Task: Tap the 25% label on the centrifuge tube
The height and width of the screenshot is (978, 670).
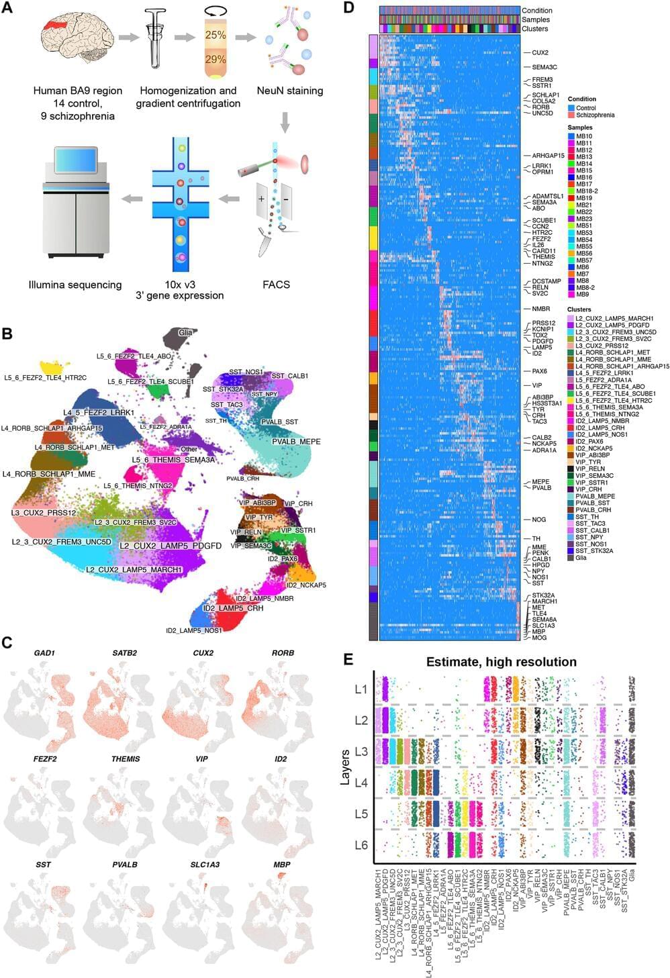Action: (x=216, y=35)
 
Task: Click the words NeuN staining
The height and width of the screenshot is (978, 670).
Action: (x=290, y=91)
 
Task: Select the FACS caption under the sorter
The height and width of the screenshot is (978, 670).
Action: (x=276, y=285)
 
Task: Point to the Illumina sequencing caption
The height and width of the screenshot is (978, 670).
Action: (x=75, y=285)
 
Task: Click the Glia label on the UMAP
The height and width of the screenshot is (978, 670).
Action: (x=185, y=332)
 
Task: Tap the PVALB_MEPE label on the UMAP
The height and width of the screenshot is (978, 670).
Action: (x=296, y=442)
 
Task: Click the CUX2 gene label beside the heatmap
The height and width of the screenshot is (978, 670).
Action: (x=540, y=52)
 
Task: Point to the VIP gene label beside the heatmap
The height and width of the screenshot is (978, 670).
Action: (x=536, y=386)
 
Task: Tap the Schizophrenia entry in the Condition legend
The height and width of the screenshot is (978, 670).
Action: (x=595, y=115)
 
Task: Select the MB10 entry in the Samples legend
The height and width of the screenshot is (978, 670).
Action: (x=583, y=136)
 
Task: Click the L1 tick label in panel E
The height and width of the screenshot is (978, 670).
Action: (x=361, y=689)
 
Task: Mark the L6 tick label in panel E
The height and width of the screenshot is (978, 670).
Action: (x=361, y=845)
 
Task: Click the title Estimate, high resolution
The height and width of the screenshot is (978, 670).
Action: (x=501, y=663)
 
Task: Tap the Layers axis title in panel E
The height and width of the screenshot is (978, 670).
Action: (x=345, y=767)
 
